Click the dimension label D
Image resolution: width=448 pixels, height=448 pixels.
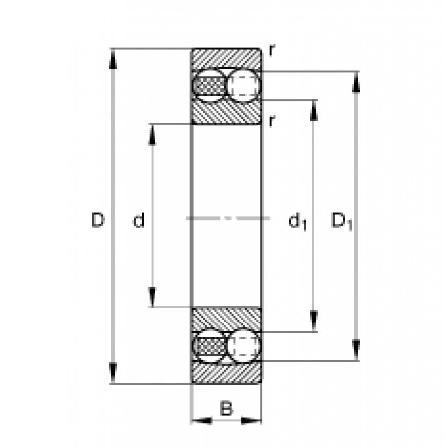(98, 220)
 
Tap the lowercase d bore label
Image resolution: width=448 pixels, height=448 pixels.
(138, 220)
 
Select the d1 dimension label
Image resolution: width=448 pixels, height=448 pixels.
(297, 221)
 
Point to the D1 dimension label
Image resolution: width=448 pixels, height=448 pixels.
(342, 221)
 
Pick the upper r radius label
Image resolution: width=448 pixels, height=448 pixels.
(272, 51)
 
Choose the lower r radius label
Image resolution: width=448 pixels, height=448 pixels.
(272, 121)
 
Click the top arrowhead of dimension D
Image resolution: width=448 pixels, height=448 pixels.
(113, 59)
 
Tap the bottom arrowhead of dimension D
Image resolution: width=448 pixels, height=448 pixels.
(113, 374)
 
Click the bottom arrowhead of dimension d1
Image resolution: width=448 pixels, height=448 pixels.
(314, 322)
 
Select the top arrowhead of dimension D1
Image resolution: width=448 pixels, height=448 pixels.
(356, 82)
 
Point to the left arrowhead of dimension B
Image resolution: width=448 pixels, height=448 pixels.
(202, 420)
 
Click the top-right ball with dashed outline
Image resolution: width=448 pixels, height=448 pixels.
(244, 85)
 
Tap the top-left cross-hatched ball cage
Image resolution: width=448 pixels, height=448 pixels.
(211, 86)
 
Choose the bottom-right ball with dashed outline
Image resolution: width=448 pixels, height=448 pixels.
(244, 347)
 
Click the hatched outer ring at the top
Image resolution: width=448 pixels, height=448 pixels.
(226, 59)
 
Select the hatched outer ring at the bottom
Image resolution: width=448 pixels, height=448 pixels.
(226, 373)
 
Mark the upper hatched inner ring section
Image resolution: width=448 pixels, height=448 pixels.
(226, 112)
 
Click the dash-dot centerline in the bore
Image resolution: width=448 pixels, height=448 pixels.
(228, 218)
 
